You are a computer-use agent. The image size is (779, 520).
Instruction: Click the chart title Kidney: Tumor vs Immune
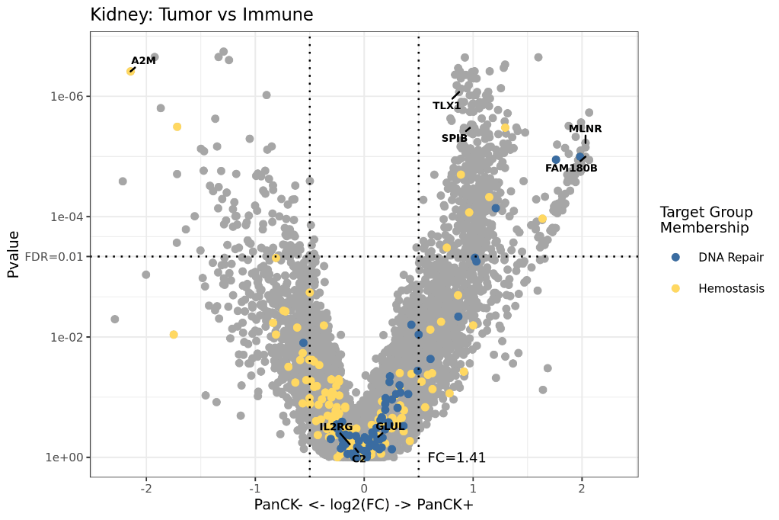pyautogui.click(x=201, y=14)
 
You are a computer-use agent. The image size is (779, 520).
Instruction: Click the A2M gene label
pyautogui.click(x=143, y=60)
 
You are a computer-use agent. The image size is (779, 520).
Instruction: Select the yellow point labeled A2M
pyautogui.click(x=131, y=71)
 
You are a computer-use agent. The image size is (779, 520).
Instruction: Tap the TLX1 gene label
pyautogui.click(x=446, y=106)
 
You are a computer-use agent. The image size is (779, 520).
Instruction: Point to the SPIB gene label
pyautogui.click(x=455, y=138)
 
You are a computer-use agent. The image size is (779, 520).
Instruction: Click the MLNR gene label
pyautogui.click(x=585, y=129)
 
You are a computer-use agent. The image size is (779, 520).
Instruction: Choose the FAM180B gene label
pyautogui.click(x=571, y=168)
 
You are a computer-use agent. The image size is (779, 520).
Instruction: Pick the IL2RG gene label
pyautogui.click(x=336, y=427)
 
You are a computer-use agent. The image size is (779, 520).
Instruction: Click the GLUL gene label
pyautogui.click(x=391, y=426)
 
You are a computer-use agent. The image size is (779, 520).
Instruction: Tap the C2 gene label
pyautogui.click(x=359, y=459)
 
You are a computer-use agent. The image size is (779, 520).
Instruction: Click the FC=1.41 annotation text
pyautogui.click(x=456, y=457)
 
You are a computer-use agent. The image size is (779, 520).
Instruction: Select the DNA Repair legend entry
pyautogui.click(x=730, y=258)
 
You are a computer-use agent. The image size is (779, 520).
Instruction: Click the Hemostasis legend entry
pyautogui.click(x=730, y=288)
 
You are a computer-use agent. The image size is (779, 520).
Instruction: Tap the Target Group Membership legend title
pyautogui.click(x=706, y=220)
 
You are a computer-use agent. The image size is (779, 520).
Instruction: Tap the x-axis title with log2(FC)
pyautogui.click(x=363, y=505)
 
